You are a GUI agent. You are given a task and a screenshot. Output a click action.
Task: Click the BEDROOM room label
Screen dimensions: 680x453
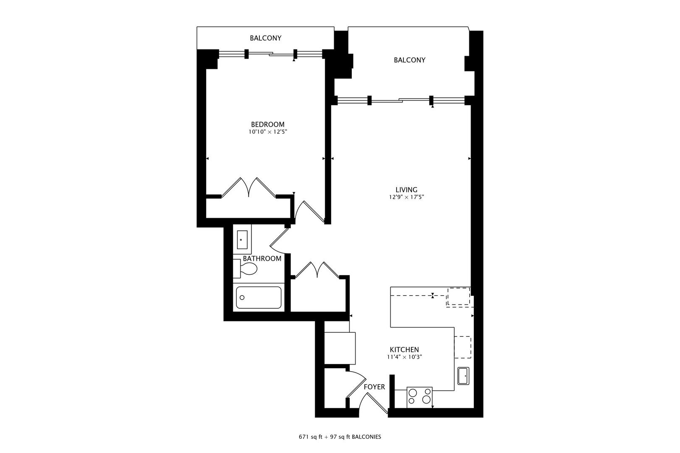267,125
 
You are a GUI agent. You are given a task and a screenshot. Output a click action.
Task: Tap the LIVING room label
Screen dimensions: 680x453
406,190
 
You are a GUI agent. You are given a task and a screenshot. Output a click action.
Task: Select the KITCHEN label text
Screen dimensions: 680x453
404,349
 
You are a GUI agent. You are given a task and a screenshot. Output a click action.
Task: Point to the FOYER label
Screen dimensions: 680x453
374,387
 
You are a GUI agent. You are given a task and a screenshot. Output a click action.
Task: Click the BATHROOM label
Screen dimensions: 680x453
262,258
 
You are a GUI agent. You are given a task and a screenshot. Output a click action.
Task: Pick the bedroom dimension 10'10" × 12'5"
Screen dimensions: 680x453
267,132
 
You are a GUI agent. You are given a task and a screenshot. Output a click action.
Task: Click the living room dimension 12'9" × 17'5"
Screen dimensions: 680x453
406,197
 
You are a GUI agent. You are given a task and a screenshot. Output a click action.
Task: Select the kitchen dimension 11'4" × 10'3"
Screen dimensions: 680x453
404,357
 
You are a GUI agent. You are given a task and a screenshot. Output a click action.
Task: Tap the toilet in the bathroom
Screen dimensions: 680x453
245,268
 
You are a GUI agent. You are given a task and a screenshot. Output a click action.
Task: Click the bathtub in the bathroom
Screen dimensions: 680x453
259,297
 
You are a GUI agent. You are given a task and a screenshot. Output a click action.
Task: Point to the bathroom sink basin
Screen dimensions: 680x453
242,240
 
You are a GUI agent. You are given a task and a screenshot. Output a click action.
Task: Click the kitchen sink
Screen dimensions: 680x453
463,376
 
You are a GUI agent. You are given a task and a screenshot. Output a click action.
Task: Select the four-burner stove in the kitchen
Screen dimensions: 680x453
419,397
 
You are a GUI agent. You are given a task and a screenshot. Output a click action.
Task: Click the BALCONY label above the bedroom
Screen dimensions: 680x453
265,38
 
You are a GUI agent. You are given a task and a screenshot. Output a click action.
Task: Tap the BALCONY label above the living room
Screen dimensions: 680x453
410,60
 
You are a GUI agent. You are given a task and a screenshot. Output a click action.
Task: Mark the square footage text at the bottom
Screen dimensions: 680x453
340,437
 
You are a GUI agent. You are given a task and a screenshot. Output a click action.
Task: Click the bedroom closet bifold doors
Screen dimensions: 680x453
248,187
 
